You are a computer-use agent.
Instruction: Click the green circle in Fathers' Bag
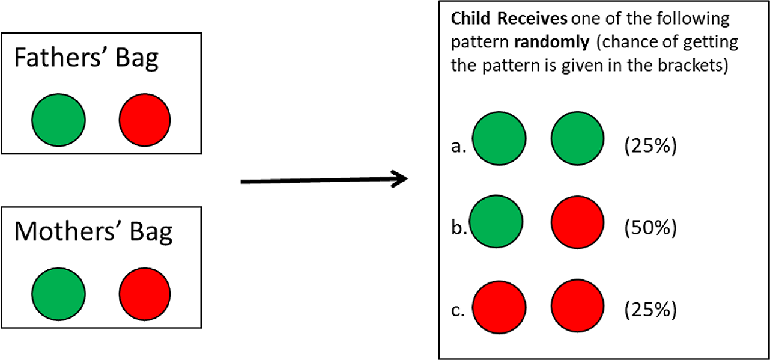[58, 120]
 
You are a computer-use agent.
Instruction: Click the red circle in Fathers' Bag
[145, 120]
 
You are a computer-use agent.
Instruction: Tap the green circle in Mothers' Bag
[58, 294]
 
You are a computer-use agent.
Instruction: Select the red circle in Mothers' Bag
[145, 294]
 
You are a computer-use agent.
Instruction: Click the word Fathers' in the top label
[57, 58]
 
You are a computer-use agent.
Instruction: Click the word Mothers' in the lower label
[64, 231]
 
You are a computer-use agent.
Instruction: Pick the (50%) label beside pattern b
[650, 228]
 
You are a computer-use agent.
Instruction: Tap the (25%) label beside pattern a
[650, 146]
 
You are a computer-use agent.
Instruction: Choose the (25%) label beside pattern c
[650, 310]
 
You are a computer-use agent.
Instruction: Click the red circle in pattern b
[578, 222]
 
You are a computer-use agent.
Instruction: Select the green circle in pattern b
[496, 221]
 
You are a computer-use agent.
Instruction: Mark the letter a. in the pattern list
[458, 147]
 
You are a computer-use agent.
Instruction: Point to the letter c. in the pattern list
[458, 311]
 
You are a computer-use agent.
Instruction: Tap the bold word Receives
[533, 19]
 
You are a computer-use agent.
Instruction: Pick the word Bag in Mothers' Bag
[151, 233]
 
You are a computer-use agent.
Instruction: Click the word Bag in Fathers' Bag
[137, 59]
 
